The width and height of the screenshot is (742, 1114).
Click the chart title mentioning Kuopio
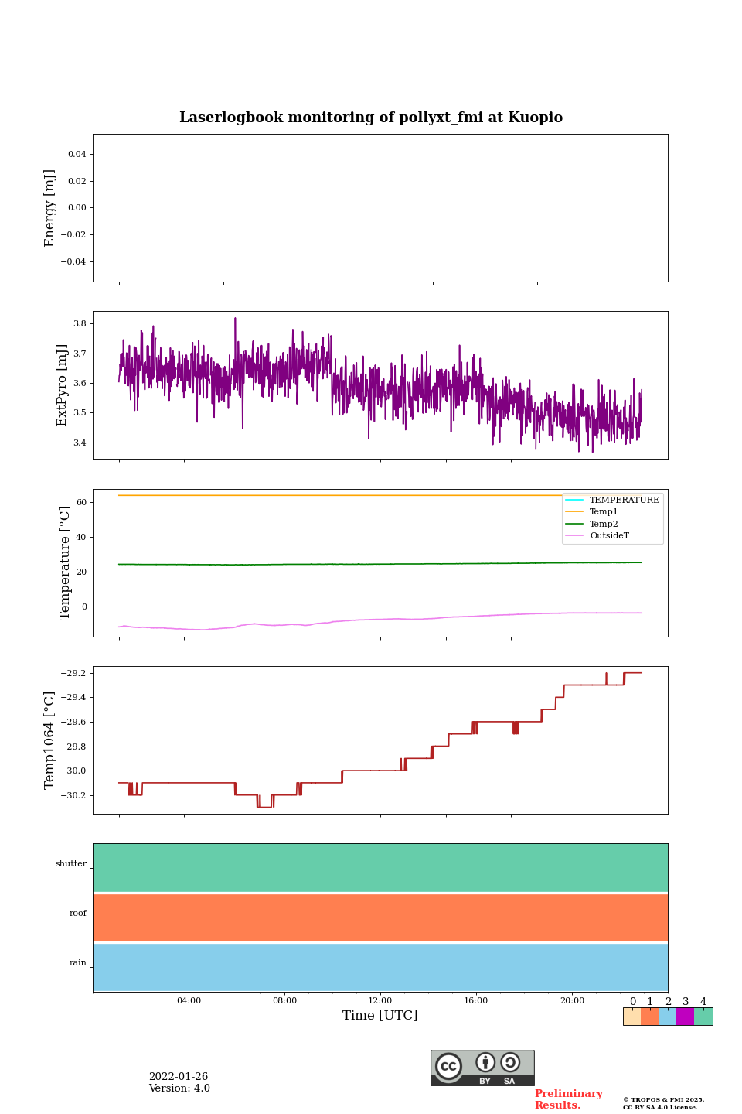[x=371, y=118]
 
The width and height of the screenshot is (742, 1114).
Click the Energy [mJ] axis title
[x=50, y=208]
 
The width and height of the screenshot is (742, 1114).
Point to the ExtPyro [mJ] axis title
[x=63, y=385]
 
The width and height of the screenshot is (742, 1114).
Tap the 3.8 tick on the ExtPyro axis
[x=80, y=323]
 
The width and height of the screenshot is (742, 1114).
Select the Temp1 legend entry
[x=604, y=512]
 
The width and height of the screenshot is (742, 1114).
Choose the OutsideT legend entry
[x=609, y=536]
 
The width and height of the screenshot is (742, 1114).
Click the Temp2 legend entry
[x=604, y=524]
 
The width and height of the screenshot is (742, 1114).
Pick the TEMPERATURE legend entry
[x=624, y=500]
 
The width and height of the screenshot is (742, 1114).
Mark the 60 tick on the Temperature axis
[x=81, y=502]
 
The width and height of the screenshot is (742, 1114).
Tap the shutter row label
[x=71, y=864]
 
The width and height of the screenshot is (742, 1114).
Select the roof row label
[x=78, y=914]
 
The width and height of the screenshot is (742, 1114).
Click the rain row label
[x=78, y=963]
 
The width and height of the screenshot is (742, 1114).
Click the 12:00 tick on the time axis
[x=380, y=1000]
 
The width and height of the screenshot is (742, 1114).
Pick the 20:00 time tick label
[x=572, y=1000]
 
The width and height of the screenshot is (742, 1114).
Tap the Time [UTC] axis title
[x=380, y=1016]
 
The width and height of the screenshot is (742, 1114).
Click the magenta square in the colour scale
[x=685, y=1017]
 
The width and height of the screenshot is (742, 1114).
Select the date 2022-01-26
[x=179, y=1077]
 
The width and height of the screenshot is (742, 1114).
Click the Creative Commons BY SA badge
[x=482, y=1068]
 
